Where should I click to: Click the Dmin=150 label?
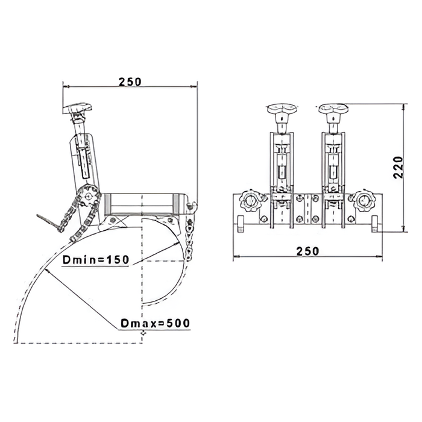click(96, 260)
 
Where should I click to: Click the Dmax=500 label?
click(156, 323)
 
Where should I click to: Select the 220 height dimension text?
click(398, 167)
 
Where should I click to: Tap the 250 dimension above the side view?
click(130, 82)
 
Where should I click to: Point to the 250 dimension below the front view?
click(307, 251)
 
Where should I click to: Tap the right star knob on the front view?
click(365, 201)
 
